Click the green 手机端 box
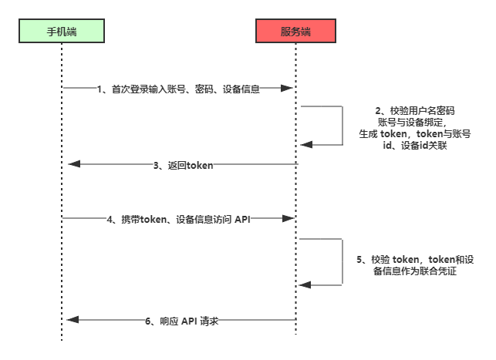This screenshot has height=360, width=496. (62, 32)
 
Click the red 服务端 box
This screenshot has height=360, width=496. (296, 32)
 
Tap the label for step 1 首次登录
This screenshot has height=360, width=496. (178, 89)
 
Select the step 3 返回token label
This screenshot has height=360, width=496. (182, 165)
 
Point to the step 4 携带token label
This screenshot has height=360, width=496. (178, 219)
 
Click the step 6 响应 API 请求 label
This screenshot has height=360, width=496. (182, 321)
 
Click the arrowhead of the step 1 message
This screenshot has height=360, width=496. (292, 88)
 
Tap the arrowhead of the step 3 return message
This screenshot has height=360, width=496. (72, 163)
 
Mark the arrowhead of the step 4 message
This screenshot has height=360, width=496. (292, 219)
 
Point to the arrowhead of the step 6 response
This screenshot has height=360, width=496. (72, 320)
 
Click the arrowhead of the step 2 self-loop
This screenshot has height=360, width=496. (305, 144)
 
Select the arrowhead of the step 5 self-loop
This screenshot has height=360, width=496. (305, 285)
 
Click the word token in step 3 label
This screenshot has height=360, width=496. (198, 165)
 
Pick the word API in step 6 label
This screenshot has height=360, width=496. (190, 321)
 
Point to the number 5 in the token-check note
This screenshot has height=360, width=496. (359, 260)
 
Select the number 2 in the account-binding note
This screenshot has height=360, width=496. (377, 111)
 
